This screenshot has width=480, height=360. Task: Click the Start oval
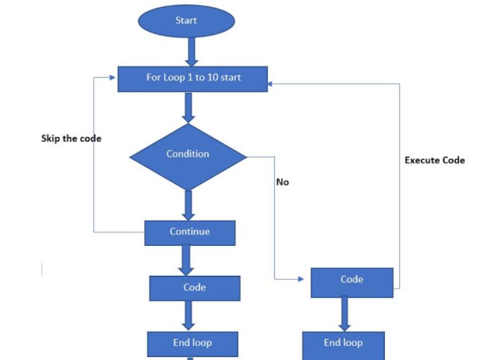click(186, 21)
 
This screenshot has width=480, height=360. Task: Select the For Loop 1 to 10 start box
click(190, 78)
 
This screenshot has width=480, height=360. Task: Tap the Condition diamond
click(187, 155)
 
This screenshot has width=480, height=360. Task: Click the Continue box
click(190, 232)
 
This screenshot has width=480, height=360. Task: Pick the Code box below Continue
click(194, 288)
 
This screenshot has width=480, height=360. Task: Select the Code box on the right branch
click(352, 281)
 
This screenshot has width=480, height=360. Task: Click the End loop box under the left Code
click(193, 343)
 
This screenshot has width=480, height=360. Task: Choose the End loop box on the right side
click(344, 343)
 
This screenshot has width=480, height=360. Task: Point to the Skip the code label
click(71, 138)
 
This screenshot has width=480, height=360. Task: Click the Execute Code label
click(435, 160)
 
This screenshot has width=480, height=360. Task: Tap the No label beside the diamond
click(282, 182)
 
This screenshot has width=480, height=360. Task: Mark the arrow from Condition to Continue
click(188, 204)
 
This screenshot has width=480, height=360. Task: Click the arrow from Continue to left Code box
click(186, 260)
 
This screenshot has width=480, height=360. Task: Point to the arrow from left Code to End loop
click(190, 315)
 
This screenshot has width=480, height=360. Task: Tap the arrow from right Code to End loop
click(345, 314)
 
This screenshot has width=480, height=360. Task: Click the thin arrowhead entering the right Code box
click(301, 280)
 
